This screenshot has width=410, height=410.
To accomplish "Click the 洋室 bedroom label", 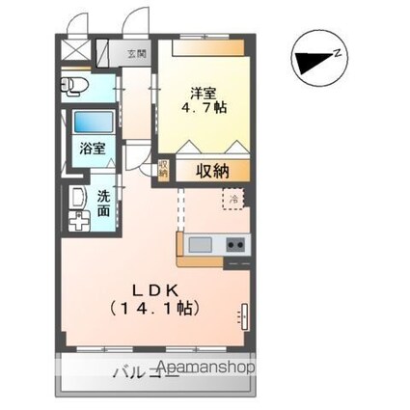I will [x=203, y=93].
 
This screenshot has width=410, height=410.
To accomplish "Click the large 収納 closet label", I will [x=212, y=171].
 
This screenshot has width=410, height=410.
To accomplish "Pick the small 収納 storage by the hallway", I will [x=163, y=171].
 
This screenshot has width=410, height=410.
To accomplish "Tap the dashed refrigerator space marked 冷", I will [x=233, y=198].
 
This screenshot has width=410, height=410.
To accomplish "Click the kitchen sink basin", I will [x=201, y=243].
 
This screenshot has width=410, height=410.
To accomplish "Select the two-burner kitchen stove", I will [x=235, y=243].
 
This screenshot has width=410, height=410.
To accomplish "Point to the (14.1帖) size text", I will [x=154, y=309].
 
